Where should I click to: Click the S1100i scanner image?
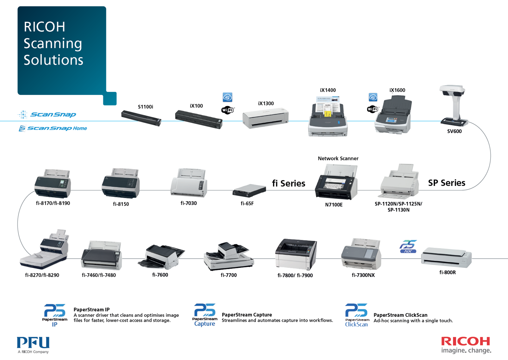141,118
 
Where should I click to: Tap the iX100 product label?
197,106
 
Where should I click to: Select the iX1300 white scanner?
265,118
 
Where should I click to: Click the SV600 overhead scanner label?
454,131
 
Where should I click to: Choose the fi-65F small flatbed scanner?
249,190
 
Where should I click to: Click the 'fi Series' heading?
289,183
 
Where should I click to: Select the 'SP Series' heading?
446,183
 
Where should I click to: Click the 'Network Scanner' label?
338,159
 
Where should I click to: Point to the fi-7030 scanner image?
189,183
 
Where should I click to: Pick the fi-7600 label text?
160,275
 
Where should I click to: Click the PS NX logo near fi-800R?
408,247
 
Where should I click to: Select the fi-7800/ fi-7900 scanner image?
296,254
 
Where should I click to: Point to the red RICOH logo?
465,341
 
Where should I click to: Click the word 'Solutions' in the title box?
54,60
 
